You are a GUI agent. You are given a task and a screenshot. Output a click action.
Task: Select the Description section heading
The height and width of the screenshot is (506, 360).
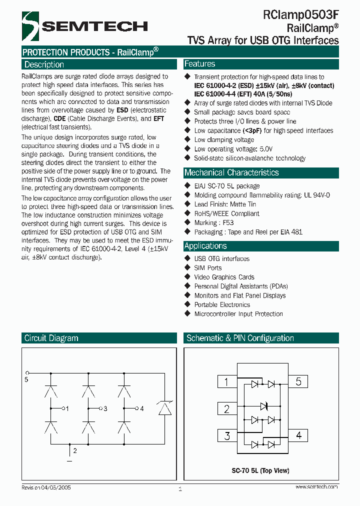click(44, 64)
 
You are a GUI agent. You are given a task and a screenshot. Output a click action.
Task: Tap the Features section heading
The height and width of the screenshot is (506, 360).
click(199, 64)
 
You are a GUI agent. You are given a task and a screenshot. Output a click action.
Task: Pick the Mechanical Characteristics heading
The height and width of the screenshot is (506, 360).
click(231, 172)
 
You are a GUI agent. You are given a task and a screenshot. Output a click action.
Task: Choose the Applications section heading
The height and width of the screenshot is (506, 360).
click(205, 246)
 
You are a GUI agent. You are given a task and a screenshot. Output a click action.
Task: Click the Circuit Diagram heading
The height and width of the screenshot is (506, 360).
click(51, 338)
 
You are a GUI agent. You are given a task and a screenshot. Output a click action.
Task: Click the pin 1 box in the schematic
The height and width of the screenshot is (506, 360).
click(226, 382)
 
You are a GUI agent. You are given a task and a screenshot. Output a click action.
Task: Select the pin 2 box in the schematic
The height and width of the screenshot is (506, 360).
click(226, 409)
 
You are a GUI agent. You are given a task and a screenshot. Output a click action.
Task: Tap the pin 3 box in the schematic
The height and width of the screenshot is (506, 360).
click(226, 435)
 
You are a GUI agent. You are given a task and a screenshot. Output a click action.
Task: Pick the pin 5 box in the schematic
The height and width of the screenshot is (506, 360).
click(298, 382)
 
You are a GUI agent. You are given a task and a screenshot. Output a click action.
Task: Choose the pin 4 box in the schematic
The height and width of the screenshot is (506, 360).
click(298, 435)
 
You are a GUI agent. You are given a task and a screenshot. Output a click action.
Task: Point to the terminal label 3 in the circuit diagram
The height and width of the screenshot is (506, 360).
click(105, 409)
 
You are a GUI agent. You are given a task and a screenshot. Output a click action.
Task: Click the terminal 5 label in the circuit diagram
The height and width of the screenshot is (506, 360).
click(26, 379)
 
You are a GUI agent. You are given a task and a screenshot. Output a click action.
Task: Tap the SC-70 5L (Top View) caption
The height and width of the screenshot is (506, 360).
click(260, 470)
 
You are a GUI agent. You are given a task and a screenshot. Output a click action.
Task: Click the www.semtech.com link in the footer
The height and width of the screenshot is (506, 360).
click(317, 486)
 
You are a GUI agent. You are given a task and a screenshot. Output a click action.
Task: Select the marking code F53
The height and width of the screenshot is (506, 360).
click(227, 222)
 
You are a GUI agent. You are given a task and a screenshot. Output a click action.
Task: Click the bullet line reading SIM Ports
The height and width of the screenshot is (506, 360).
click(207, 268)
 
